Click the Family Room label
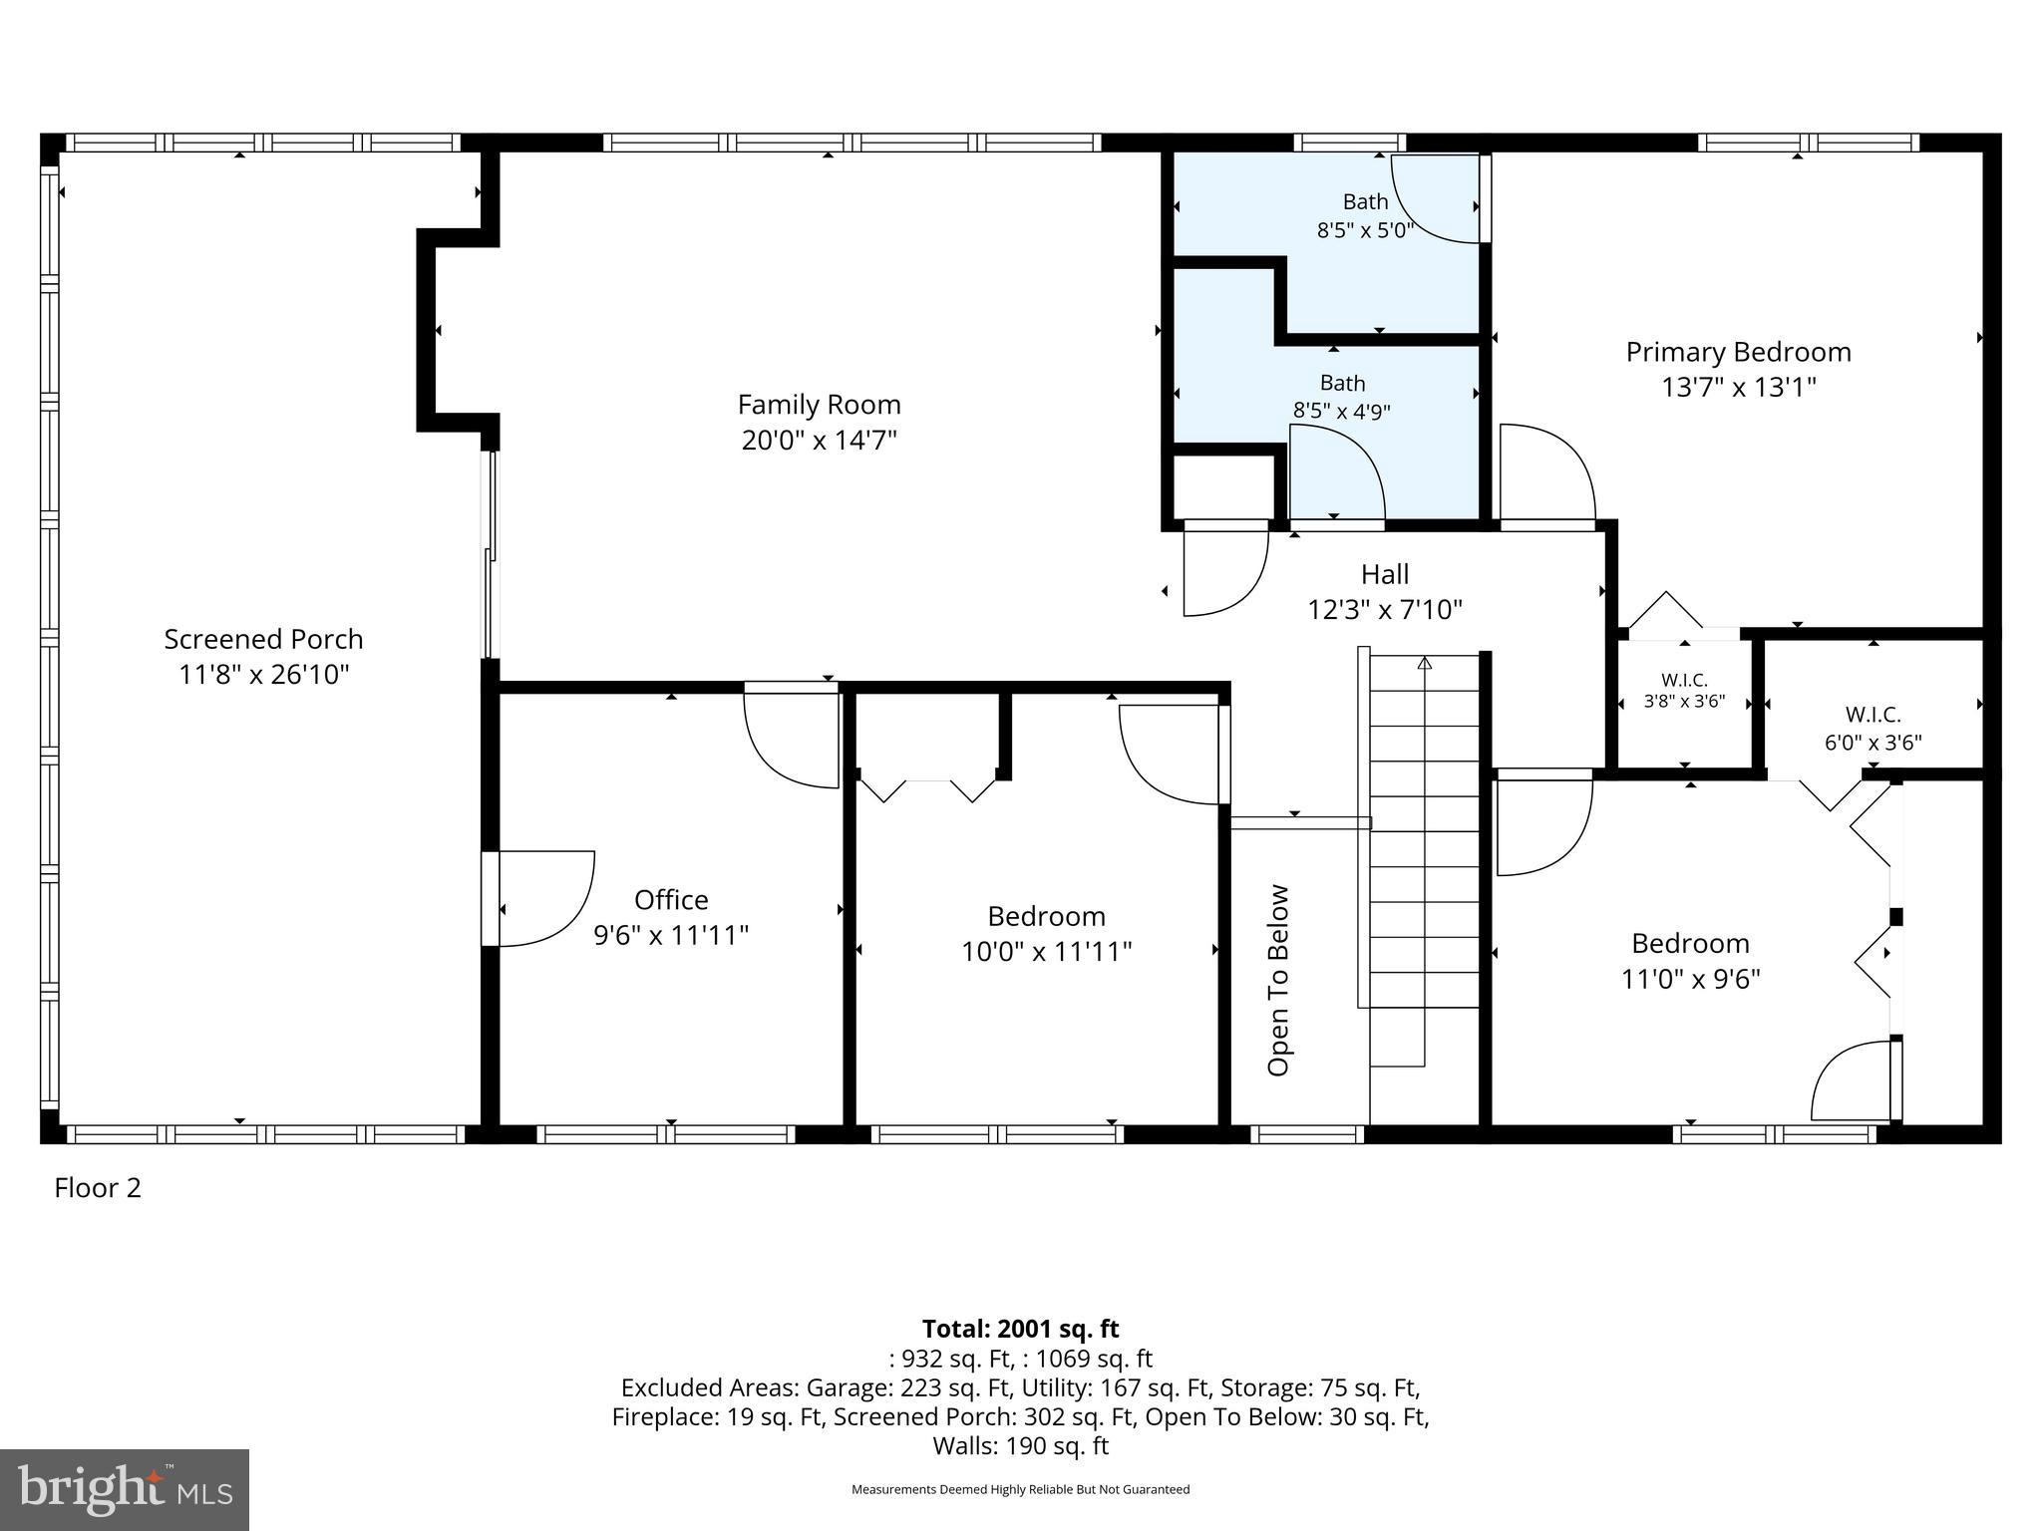819,405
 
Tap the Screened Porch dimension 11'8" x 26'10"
264,675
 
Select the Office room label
671,900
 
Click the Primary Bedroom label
1738,352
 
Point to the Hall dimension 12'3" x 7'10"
1385,609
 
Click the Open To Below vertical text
1278,980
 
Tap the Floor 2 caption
98,1188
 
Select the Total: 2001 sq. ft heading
1020,1329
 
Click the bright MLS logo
125,1489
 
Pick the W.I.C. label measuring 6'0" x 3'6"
1872,715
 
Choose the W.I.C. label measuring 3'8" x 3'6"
1684,681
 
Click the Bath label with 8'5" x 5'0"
1365,202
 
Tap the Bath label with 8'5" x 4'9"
1342,383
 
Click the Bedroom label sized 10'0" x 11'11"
1046,916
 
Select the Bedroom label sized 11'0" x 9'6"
1690,943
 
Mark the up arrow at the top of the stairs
1425,663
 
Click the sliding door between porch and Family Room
490,554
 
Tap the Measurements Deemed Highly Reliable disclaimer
1020,1489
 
